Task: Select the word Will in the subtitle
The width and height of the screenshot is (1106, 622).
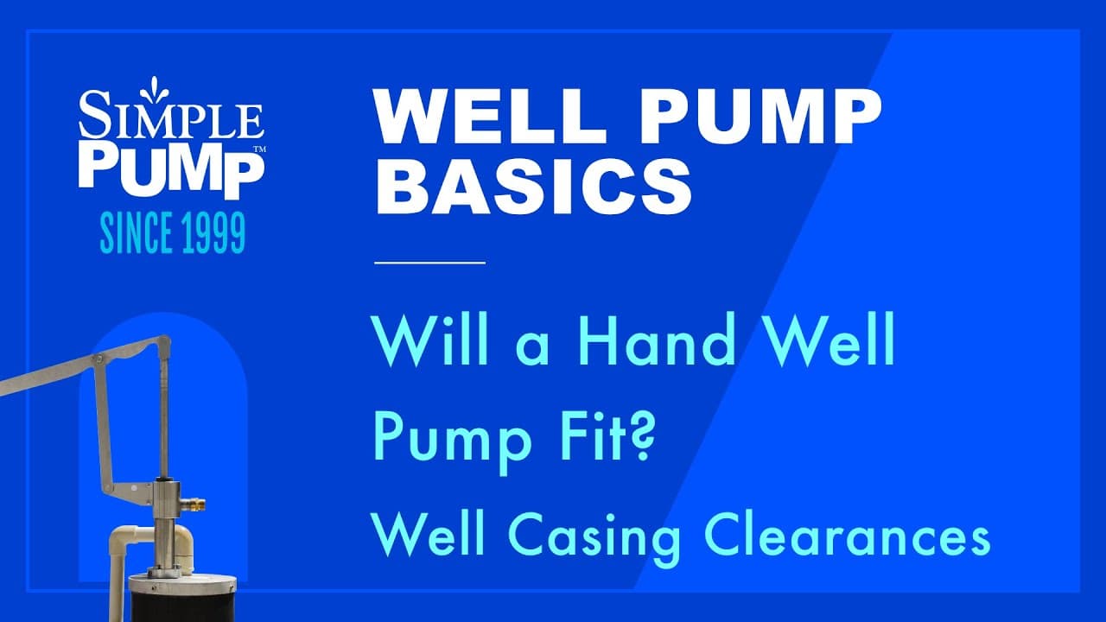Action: (x=423, y=342)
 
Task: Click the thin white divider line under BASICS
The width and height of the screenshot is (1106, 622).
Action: (x=429, y=261)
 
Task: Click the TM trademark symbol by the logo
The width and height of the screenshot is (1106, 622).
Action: (x=257, y=149)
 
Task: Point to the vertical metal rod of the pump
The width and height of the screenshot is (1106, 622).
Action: (x=162, y=415)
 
